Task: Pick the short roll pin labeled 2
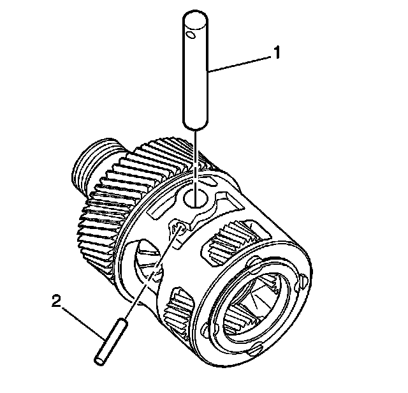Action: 110,345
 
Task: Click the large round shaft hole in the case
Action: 197,198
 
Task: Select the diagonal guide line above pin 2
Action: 150,274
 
